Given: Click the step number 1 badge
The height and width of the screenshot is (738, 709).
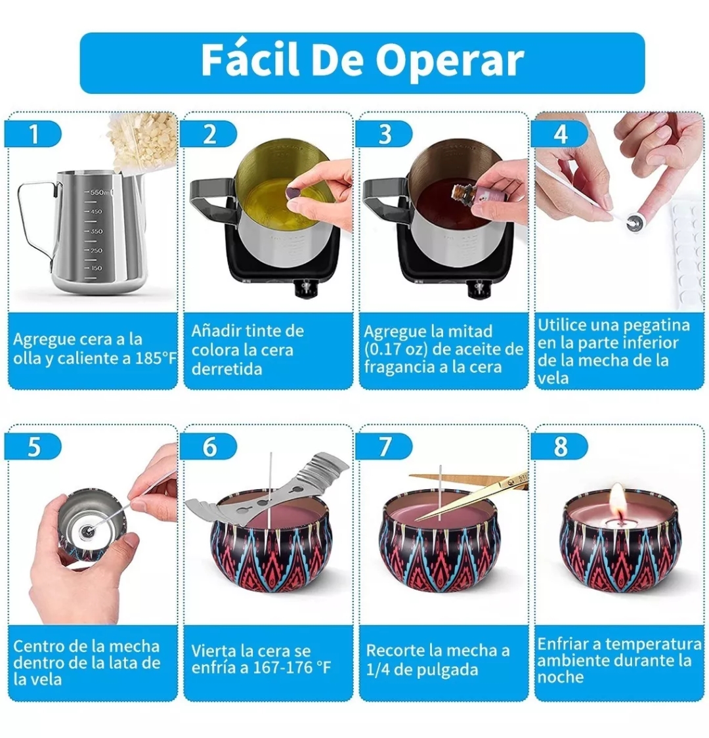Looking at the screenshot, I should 33,134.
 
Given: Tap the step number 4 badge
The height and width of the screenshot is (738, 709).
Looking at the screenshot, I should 559,134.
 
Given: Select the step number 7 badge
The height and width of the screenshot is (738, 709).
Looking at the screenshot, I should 385,447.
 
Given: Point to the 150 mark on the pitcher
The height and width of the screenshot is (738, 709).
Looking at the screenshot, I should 96,269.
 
